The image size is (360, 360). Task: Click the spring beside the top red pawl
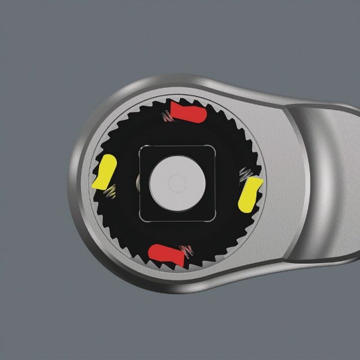click(x=166, y=117)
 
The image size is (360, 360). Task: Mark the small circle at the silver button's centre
click(x=175, y=182)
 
